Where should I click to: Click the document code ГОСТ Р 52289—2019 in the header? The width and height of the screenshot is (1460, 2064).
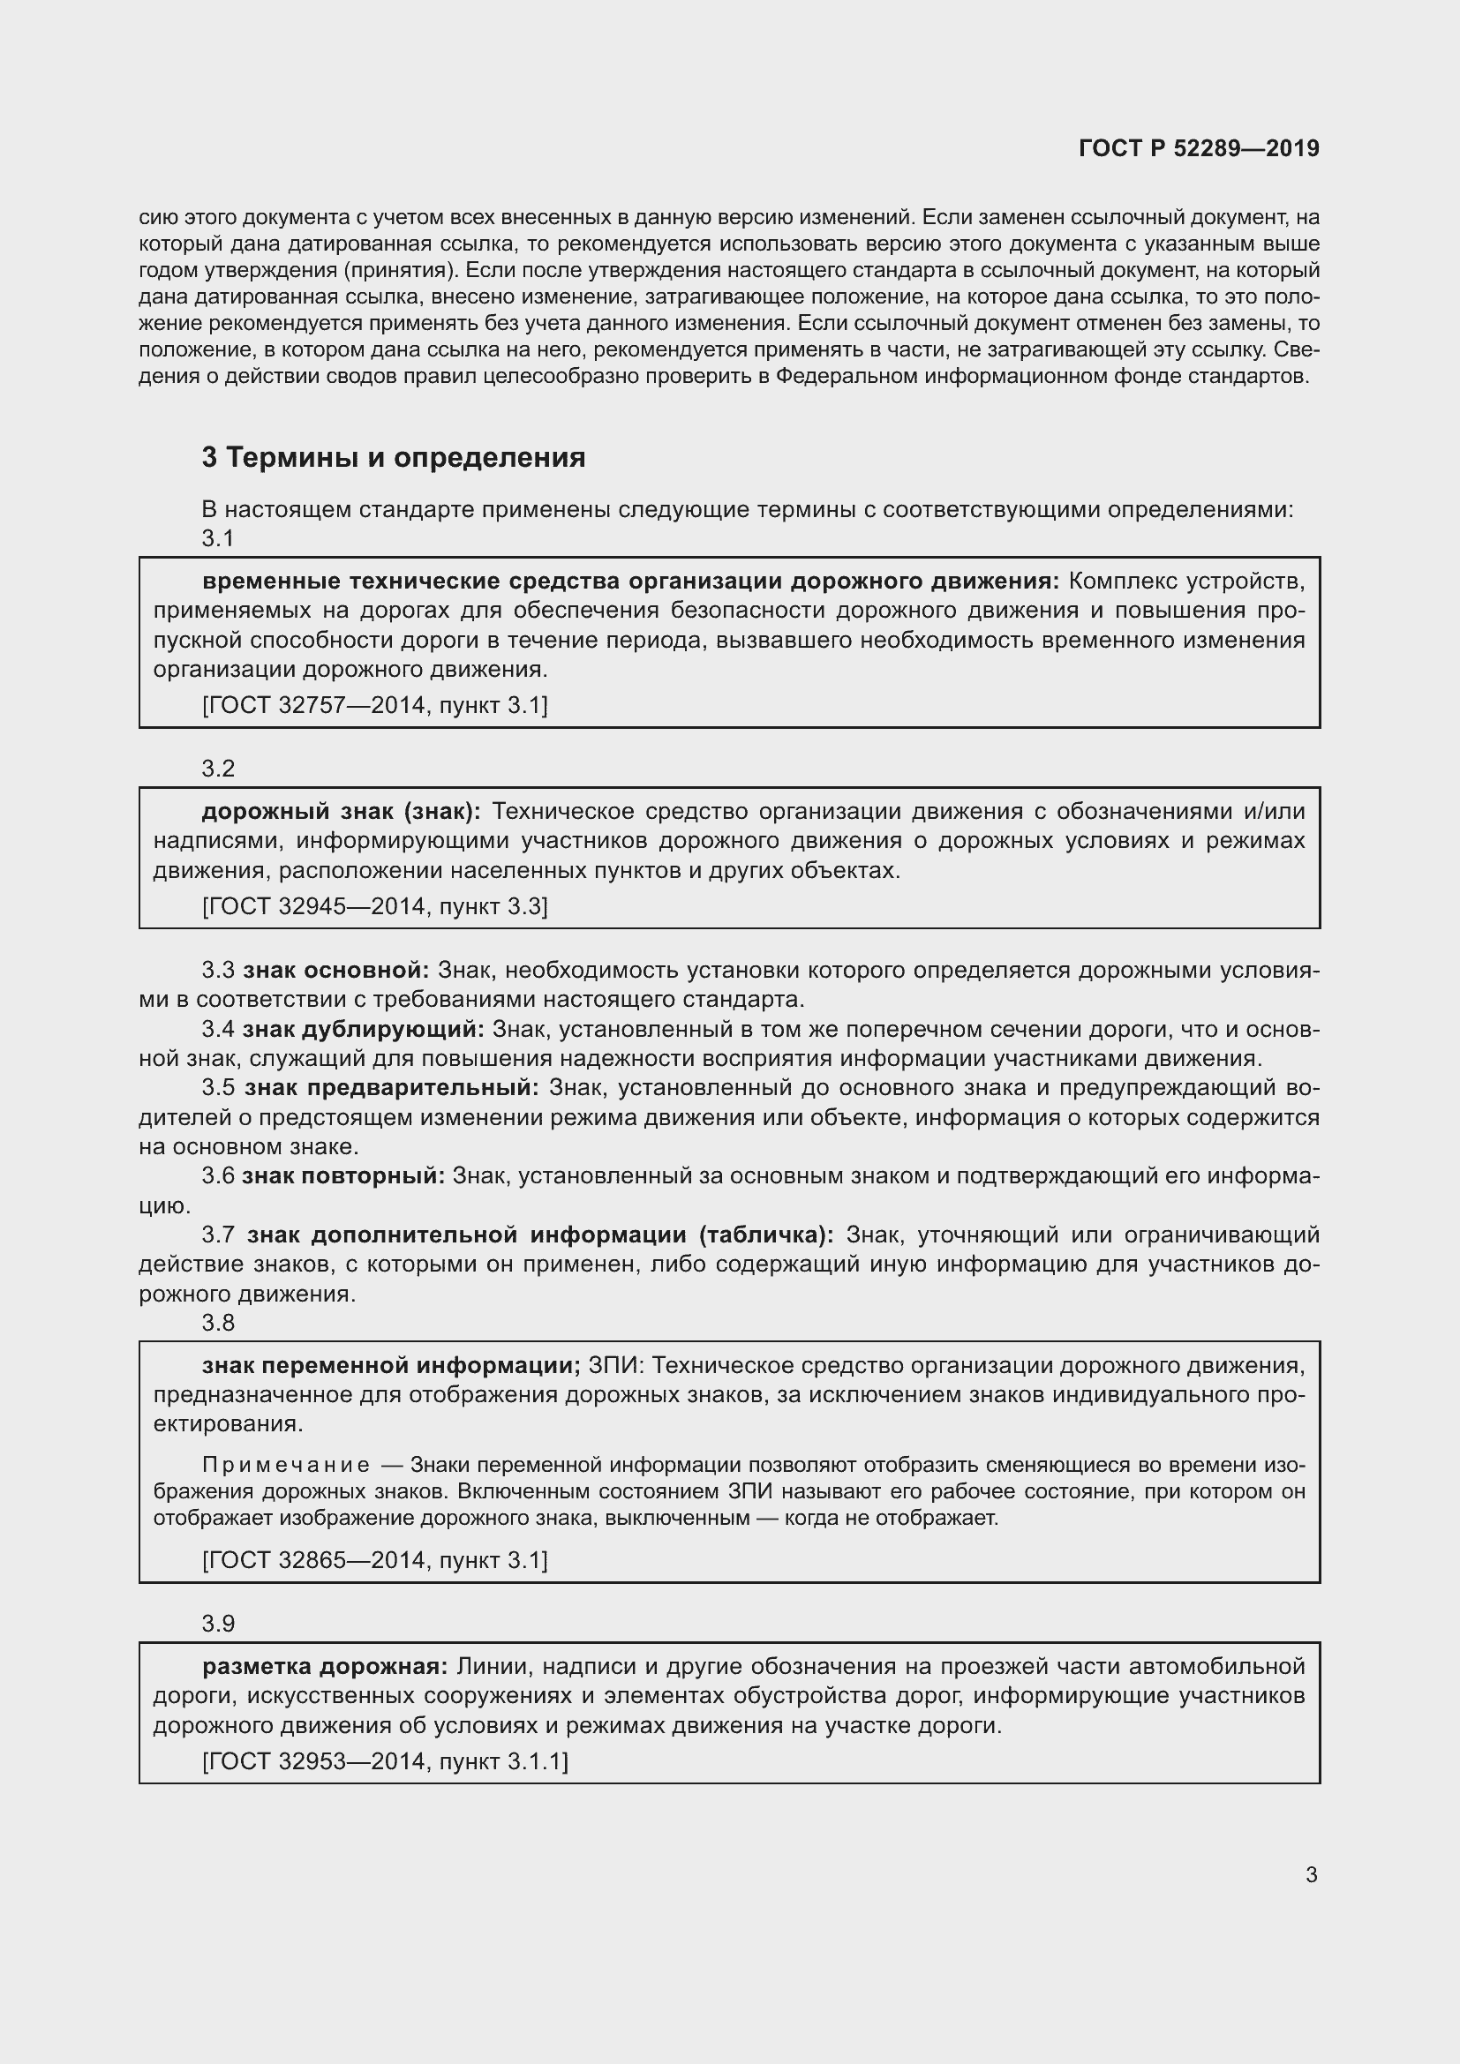(1199, 148)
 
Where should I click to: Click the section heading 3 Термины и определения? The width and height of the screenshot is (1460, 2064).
(393, 458)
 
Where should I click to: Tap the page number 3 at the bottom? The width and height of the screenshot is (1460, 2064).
(1311, 1874)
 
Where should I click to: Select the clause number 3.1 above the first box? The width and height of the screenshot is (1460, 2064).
(217, 537)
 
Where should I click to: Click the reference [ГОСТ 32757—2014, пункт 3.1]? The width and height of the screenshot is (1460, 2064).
(375, 705)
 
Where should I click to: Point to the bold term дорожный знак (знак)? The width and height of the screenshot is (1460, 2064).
(341, 811)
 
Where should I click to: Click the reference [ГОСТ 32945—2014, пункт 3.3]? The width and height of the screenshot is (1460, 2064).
(375, 905)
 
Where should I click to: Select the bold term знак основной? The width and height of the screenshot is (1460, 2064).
(336, 970)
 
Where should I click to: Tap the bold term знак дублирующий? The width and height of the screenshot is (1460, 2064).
(363, 1028)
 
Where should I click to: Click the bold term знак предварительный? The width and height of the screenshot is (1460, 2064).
(392, 1088)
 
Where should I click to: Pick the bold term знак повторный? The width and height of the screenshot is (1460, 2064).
(343, 1175)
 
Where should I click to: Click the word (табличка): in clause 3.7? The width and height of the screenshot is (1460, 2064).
(766, 1235)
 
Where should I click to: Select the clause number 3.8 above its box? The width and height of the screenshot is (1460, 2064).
(217, 1323)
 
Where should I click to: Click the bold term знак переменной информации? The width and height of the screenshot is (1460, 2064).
(392, 1365)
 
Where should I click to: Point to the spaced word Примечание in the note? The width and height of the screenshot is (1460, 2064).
(286, 1465)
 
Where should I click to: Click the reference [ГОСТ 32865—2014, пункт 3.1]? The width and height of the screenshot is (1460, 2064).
(375, 1559)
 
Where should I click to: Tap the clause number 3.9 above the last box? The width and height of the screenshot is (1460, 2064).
(217, 1624)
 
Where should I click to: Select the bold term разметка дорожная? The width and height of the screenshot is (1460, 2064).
(325, 1667)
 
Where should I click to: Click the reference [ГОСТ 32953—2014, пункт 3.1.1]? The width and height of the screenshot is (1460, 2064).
(385, 1761)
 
